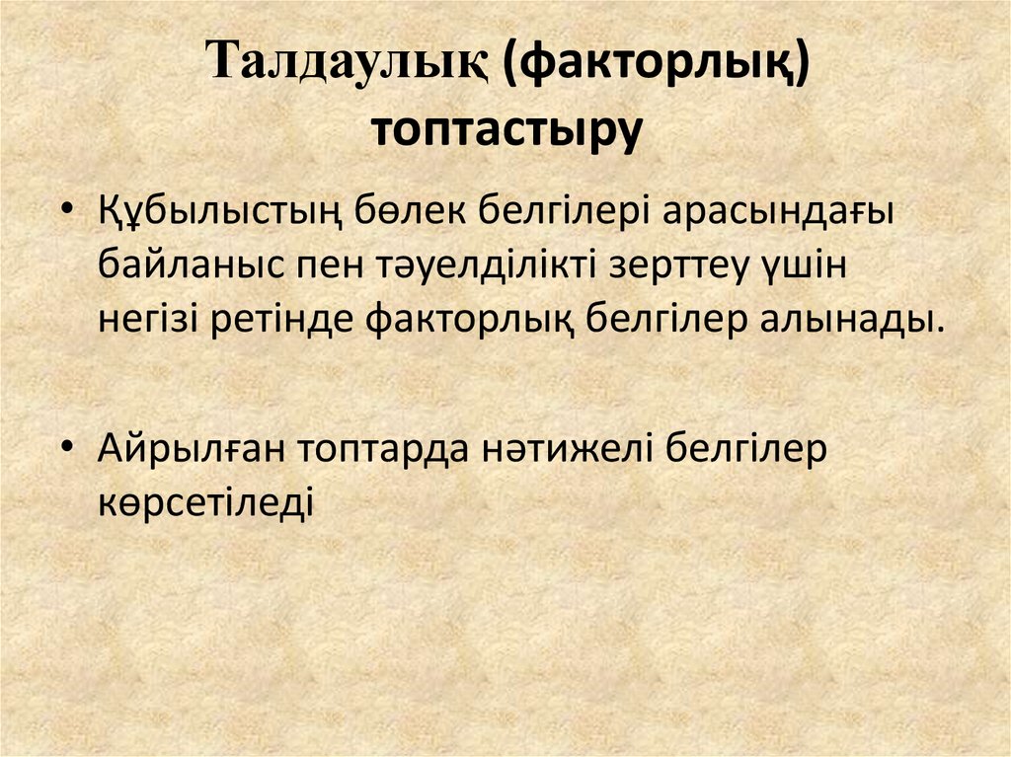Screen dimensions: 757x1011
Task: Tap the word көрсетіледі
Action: coord(205,501)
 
